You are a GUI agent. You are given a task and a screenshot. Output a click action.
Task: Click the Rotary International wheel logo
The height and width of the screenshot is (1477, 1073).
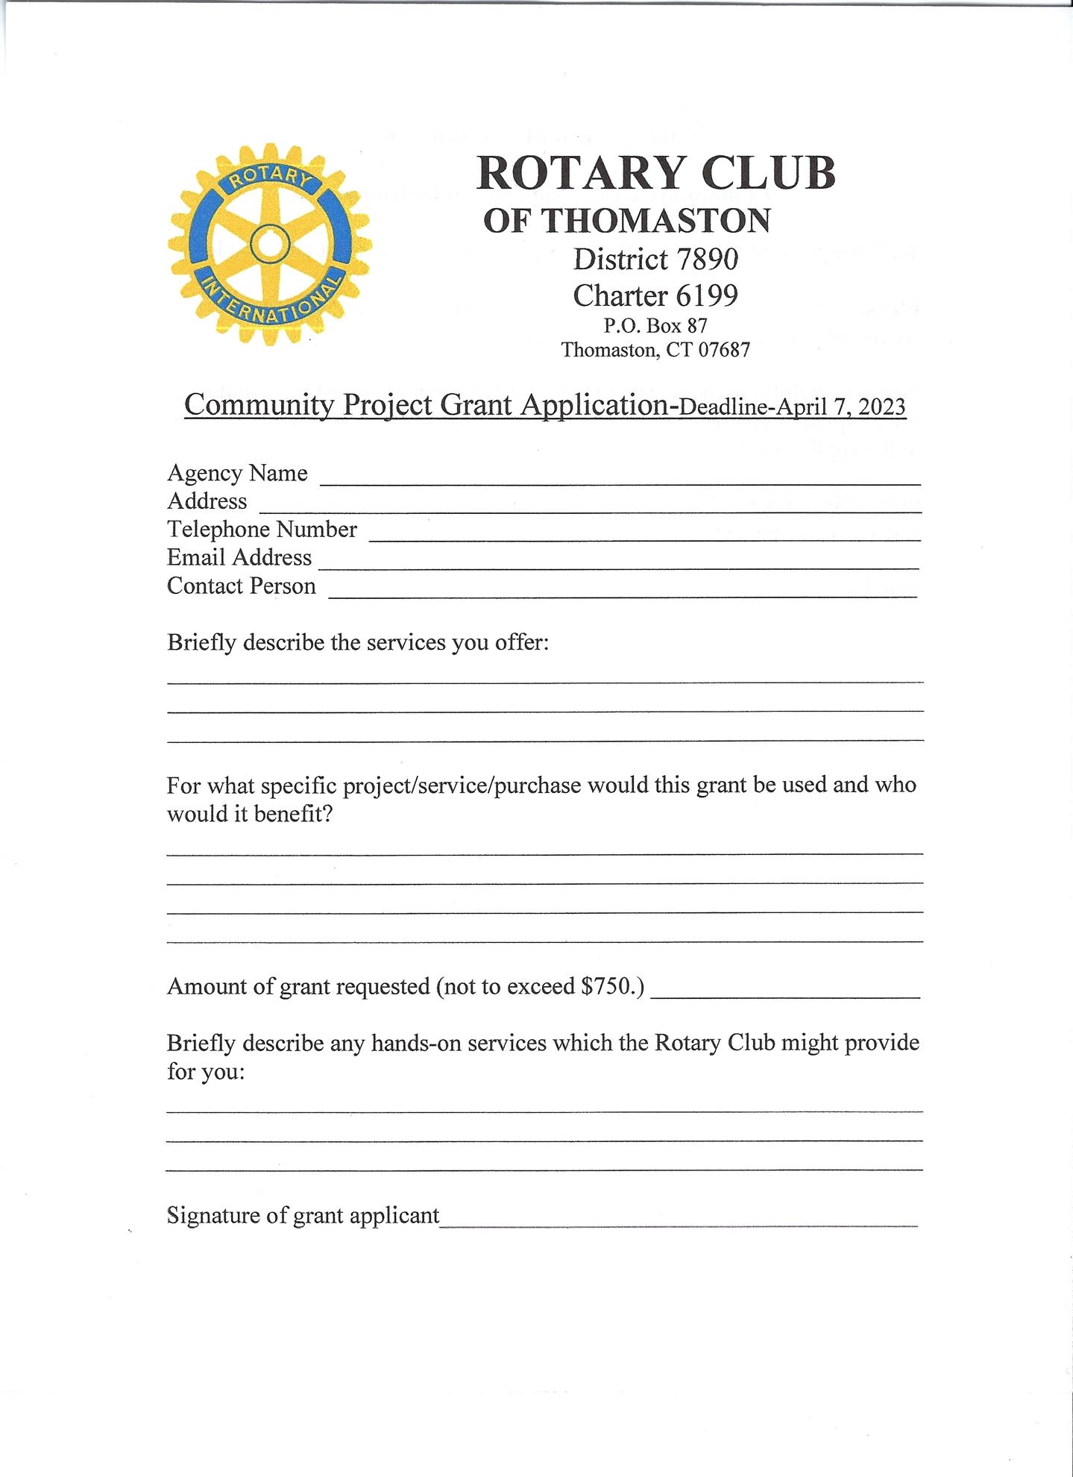[x=269, y=245]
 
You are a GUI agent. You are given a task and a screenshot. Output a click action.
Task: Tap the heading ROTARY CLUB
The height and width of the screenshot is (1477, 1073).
[x=655, y=173]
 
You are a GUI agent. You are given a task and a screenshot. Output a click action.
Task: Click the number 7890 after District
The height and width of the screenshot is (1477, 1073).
[x=707, y=260]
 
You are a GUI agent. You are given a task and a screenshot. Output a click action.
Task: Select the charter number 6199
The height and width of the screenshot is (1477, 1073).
[x=707, y=296]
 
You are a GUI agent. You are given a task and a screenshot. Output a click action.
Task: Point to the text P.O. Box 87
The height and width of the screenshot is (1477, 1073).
[x=655, y=325]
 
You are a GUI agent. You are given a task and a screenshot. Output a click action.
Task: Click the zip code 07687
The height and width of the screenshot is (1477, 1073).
[x=723, y=350]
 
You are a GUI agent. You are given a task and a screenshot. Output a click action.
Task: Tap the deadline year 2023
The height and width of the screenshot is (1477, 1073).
[x=881, y=407]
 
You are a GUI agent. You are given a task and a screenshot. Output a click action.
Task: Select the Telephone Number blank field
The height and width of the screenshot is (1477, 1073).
[x=644, y=533]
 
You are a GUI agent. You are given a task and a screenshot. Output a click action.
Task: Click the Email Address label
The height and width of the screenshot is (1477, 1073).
[x=239, y=557]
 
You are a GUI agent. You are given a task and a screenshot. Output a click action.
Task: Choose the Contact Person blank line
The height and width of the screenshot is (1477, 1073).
[x=622, y=589]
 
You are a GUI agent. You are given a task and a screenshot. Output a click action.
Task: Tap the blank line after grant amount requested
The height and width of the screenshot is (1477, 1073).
[x=786, y=991]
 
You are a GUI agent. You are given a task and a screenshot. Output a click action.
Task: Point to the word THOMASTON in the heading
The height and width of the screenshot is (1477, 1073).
[x=655, y=221]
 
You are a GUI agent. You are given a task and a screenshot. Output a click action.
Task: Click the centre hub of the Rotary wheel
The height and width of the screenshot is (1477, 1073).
[x=266, y=245]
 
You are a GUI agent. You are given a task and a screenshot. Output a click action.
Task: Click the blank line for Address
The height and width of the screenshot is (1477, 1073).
[x=589, y=506]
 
